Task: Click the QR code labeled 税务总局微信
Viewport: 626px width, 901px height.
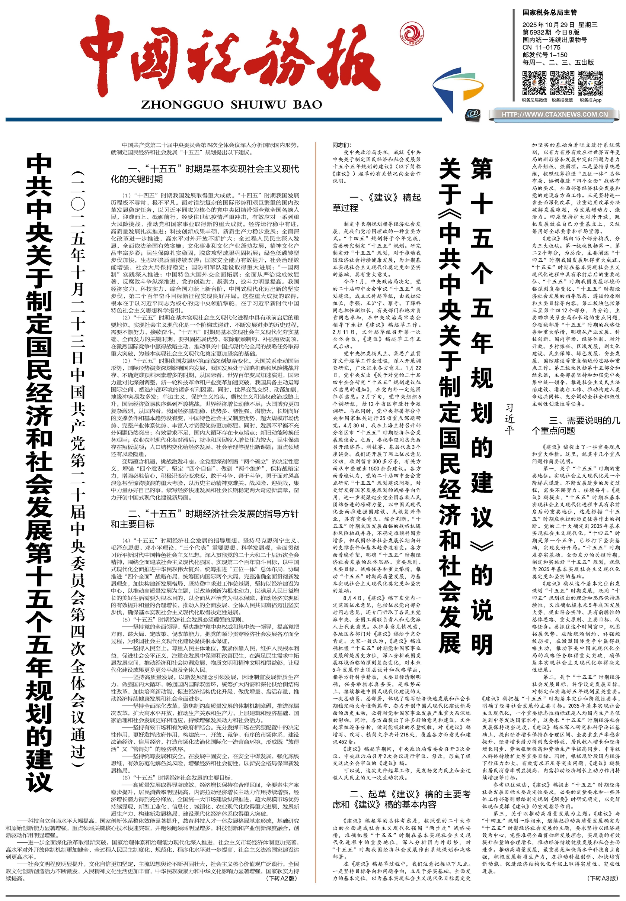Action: (x=534, y=83)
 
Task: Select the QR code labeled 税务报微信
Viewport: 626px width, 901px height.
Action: (x=562, y=83)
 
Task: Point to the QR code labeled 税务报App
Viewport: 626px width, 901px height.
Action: (x=590, y=83)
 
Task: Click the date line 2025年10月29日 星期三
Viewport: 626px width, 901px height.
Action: (x=560, y=25)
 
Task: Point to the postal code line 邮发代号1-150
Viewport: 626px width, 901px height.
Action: (x=545, y=55)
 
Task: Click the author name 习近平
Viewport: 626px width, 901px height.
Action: (x=509, y=419)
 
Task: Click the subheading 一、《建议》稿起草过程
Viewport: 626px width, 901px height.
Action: (x=376, y=203)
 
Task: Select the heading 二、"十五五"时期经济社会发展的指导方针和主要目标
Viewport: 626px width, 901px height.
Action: (x=205, y=519)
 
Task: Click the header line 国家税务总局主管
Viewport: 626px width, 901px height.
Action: (x=549, y=13)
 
